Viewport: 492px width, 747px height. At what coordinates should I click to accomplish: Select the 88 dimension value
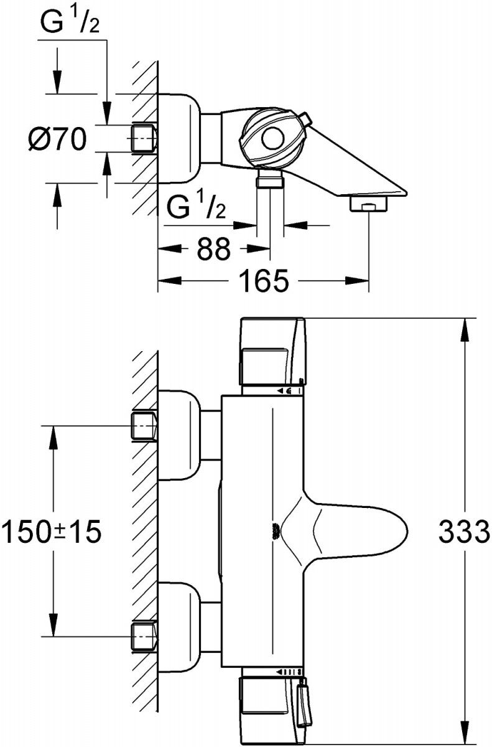click(x=213, y=249)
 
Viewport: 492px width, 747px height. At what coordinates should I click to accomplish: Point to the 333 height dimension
click(x=464, y=532)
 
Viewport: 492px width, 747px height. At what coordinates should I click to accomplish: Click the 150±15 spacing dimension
click(x=51, y=532)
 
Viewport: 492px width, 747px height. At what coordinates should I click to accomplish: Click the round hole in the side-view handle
click(x=272, y=138)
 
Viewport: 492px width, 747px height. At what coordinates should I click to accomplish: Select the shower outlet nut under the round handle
click(x=270, y=181)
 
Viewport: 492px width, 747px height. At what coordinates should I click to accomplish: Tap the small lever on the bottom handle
click(x=303, y=707)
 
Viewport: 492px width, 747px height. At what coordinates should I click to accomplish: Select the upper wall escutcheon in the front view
click(x=180, y=435)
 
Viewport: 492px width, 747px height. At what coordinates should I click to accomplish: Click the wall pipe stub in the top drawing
click(x=144, y=138)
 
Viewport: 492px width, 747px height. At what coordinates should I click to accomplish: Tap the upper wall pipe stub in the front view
click(x=144, y=426)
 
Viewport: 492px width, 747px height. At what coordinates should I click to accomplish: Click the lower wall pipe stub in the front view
click(x=144, y=636)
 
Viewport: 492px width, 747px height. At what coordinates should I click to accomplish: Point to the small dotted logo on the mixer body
click(x=273, y=530)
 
